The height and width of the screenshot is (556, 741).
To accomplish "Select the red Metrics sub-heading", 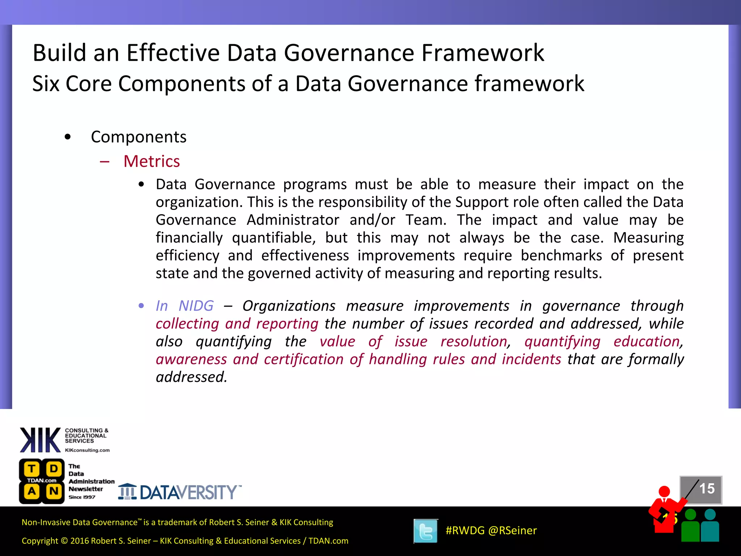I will coord(152,161).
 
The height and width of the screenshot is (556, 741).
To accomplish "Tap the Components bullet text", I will coord(139,137).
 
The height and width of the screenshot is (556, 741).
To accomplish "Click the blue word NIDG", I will coord(196,306).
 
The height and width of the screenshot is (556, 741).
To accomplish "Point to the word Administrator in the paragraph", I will coord(293,220).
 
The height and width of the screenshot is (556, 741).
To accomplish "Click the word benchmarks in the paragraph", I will coord(561,256).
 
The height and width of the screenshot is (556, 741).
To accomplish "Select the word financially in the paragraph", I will coord(189,238).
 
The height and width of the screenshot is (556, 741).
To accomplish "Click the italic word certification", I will coord(304,359).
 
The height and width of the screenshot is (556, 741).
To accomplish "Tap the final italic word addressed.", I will coord(191,377).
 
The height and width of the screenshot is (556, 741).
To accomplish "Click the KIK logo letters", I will coord(40,440).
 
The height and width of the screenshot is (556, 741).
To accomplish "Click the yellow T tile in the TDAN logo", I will coord(32,469).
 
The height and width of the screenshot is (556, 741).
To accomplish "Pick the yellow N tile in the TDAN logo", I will coord(54,491).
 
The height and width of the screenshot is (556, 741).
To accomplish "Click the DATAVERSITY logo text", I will coord(188,492).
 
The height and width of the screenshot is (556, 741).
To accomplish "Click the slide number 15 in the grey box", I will coord(707,489).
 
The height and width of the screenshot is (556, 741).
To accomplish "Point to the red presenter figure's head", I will coord(664,491).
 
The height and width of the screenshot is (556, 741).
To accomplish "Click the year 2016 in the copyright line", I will coord(80,541).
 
